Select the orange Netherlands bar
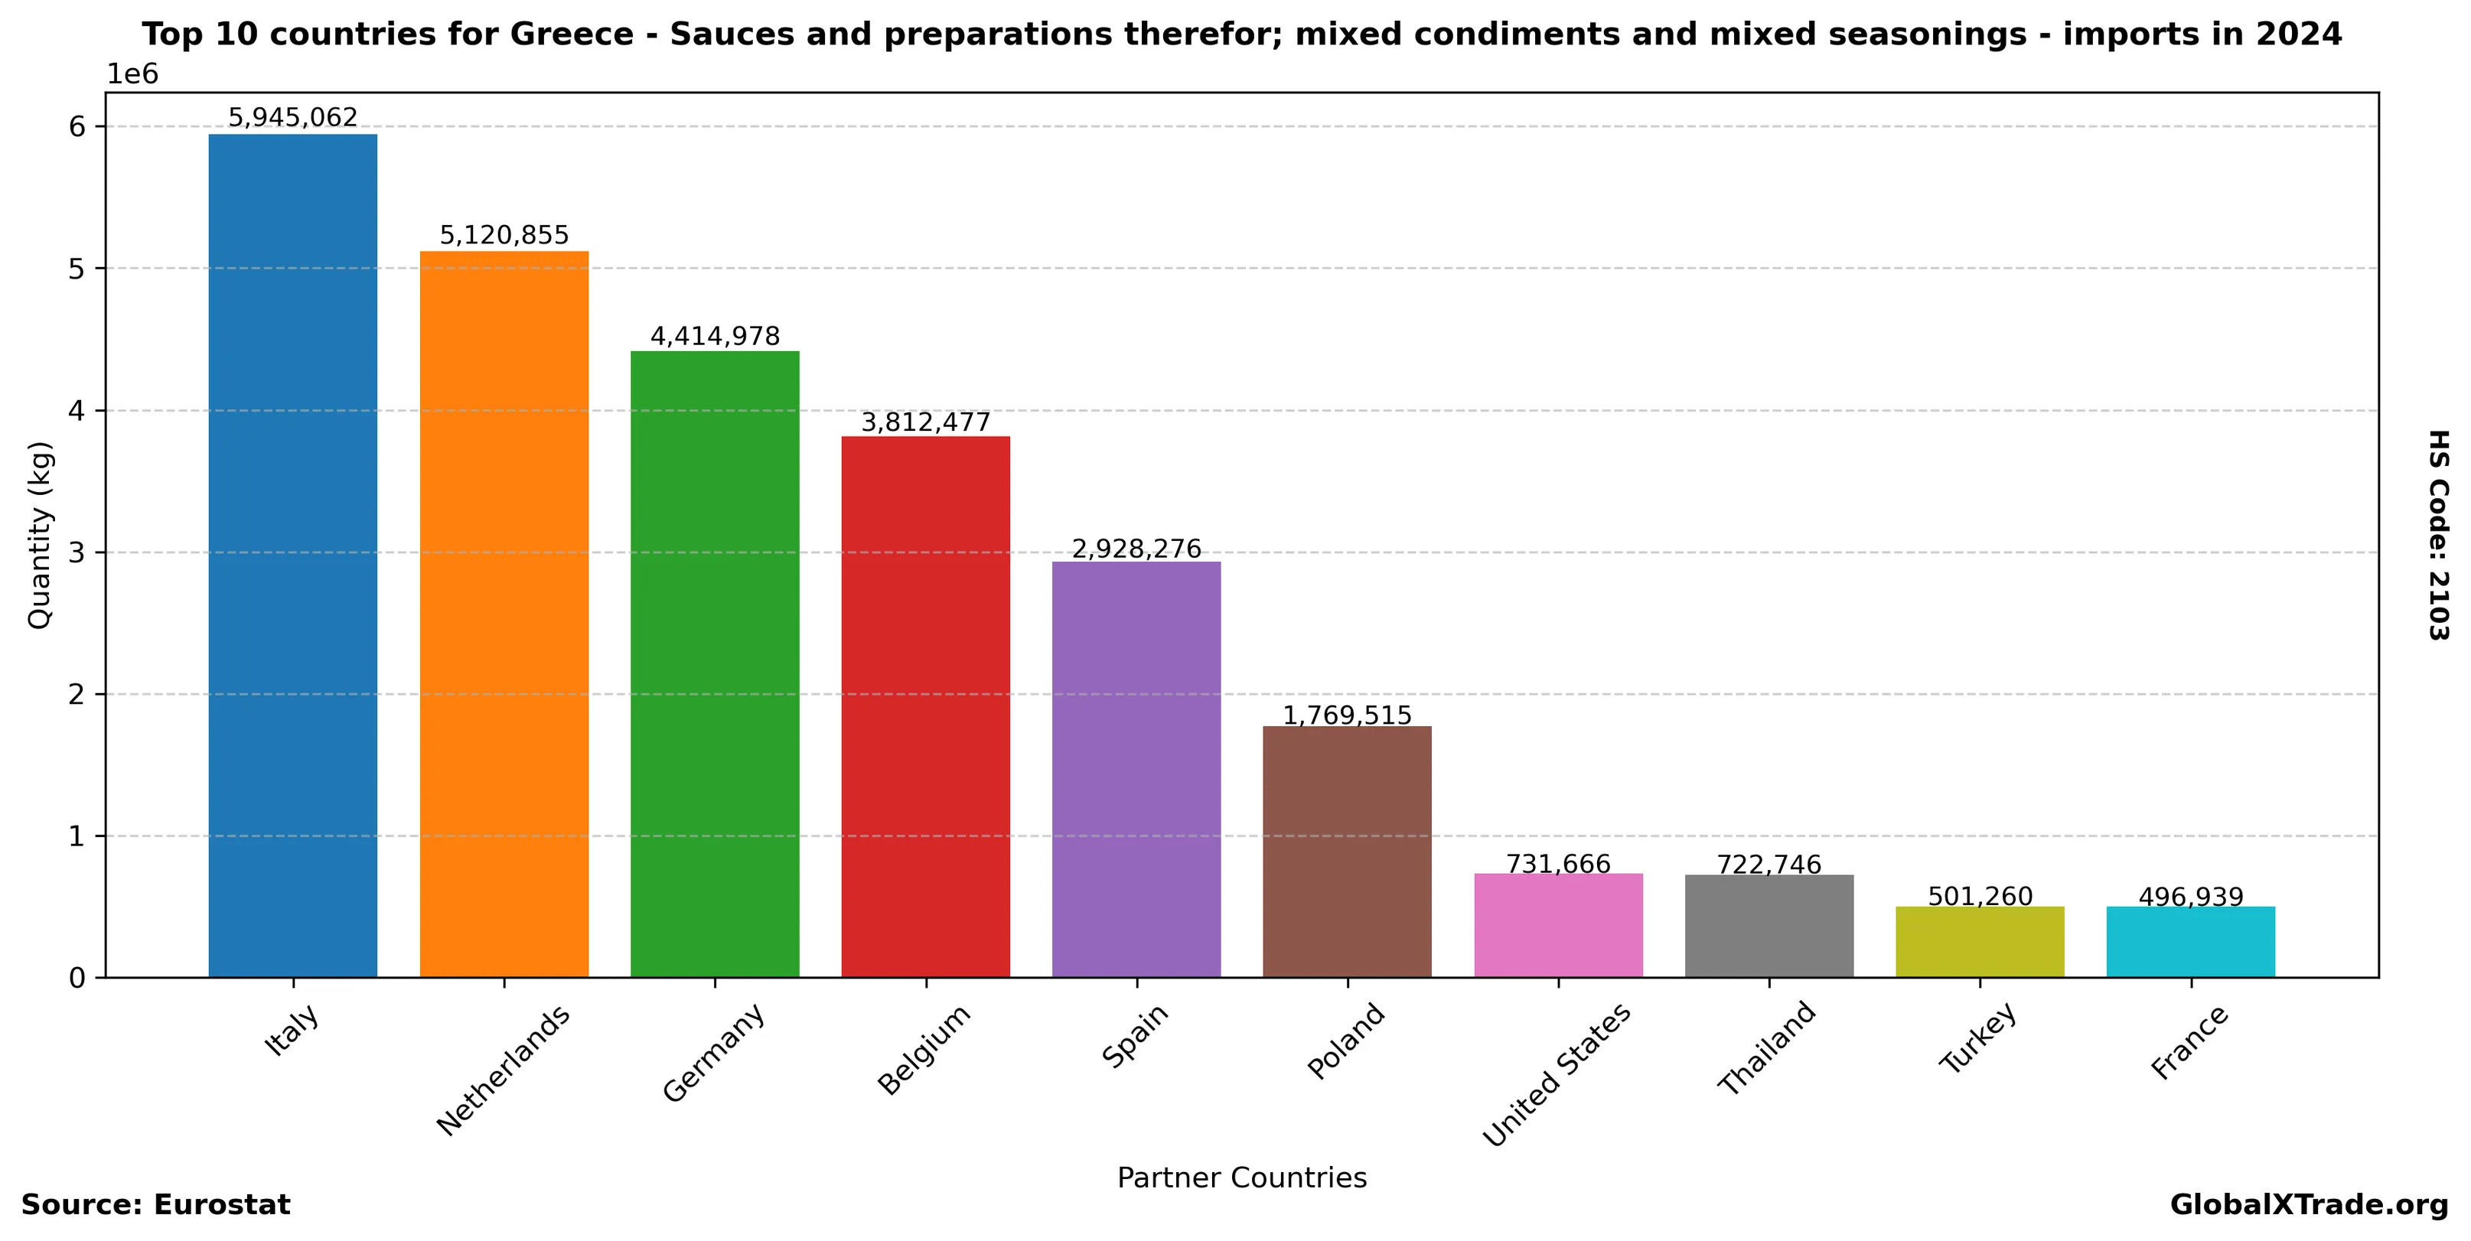504,614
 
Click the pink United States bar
1558,926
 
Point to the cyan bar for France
2190,942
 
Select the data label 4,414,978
715,337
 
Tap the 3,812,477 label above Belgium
926,422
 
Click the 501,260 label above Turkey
1980,897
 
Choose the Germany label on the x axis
715,1052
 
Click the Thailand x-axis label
1767,1048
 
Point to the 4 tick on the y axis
77,410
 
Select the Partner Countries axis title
1241,1177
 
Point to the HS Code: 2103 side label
2437,534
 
